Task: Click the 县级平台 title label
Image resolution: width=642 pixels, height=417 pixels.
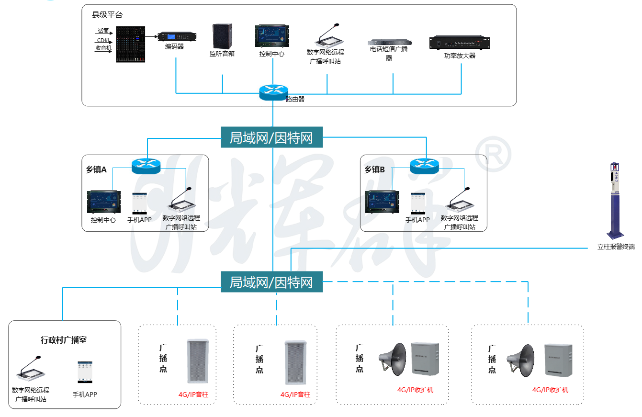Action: click(x=107, y=15)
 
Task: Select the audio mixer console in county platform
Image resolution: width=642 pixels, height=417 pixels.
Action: click(x=130, y=44)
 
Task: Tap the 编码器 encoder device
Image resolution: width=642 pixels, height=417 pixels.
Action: click(x=177, y=37)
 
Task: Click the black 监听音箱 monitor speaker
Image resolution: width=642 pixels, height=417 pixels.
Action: click(x=222, y=36)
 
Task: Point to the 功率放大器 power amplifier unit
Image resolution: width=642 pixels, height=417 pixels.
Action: click(x=460, y=43)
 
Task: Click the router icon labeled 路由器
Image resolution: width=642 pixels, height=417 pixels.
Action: click(x=273, y=92)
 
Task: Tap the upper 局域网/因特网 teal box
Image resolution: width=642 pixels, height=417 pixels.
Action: click(x=272, y=137)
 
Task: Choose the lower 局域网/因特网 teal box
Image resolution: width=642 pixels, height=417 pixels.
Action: click(x=272, y=282)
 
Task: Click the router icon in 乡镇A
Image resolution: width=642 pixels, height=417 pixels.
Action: click(x=146, y=166)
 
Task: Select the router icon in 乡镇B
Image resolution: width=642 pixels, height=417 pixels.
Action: click(x=424, y=166)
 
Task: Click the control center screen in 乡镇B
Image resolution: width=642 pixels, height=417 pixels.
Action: click(x=382, y=203)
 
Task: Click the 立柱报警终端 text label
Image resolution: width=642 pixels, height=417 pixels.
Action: click(x=616, y=247)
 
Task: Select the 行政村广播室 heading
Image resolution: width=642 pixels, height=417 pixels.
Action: click(x=64, y=340)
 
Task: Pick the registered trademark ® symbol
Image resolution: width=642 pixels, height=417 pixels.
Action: click(x=493, y=154)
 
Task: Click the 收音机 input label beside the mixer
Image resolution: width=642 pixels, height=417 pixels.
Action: click(x=103, y=48)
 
